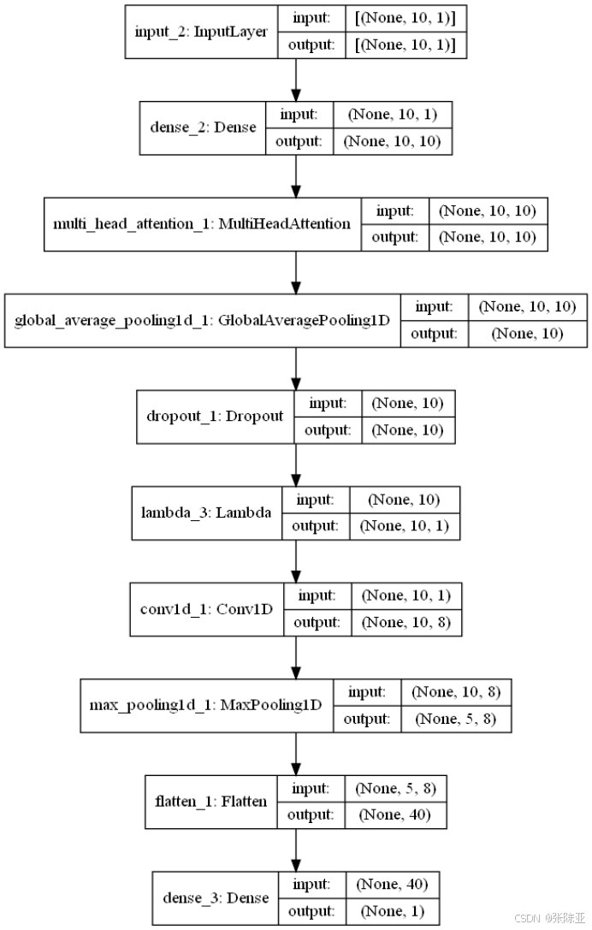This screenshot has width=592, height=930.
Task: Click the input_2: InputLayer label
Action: [202, 32]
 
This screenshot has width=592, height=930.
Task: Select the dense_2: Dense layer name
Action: [202, 127]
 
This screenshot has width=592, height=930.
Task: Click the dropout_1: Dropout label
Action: [214, 417]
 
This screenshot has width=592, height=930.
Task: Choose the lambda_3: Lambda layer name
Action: [206, 513]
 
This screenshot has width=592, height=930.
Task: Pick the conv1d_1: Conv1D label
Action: [207, 610]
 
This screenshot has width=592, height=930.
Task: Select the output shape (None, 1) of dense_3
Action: [392, 911]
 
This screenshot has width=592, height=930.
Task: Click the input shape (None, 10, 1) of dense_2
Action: [393, 115]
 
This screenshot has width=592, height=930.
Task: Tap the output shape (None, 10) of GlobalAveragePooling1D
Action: [527, 334]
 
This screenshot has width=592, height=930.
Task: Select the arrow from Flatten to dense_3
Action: [296, 850]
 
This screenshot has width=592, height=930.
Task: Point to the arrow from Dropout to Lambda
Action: [296, 465]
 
